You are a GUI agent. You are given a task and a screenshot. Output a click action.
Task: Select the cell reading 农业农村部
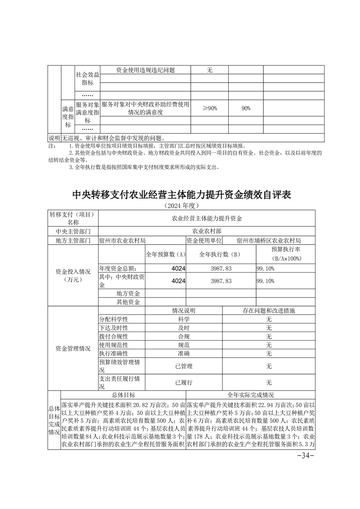click(x=211, y=231)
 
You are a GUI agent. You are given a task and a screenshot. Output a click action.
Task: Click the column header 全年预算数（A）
click(x=166, y=254)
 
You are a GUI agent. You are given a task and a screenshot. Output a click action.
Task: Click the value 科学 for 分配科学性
click(x=184, y=319)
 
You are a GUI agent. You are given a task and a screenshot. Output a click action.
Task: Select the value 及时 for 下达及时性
click(x=184, y=328)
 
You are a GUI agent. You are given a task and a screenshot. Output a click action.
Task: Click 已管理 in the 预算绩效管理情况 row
click(x=184, y=366)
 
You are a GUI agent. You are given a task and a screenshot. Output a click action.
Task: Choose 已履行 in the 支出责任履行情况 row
click(x=184, y=382)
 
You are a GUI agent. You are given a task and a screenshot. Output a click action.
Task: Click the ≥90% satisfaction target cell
click(x=210, y=108)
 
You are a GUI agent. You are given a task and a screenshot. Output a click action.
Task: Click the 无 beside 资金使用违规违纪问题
click(x=210, y=70)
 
